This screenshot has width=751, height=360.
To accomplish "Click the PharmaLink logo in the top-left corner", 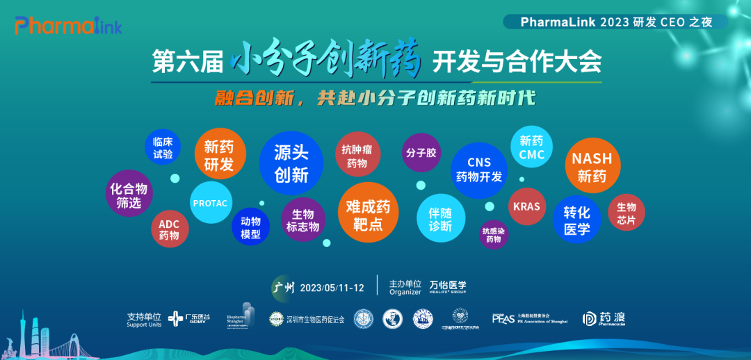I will tap(68, 26).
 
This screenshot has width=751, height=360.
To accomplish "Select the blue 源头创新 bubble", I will tap(291, 164).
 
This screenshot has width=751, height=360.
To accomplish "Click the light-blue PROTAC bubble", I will tap(211, 203).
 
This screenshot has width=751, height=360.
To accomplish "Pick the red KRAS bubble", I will tap(526, 206).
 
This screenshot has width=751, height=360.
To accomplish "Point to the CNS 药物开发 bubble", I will tap(478, 170).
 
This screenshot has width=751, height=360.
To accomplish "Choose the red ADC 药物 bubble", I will tap(169, 229).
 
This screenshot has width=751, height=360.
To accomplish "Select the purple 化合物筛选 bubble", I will tap(129, 195).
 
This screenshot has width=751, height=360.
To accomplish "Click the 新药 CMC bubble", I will tap(532, 147).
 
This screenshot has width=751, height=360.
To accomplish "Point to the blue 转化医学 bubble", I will tap(576, 220).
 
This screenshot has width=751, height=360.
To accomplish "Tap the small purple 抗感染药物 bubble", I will tap(494, 234).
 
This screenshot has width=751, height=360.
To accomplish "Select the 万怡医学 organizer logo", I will tap(448, 287).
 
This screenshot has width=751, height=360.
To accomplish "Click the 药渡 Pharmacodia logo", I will tap(604, 318).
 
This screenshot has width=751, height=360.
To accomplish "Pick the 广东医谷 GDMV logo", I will tap(189, 318).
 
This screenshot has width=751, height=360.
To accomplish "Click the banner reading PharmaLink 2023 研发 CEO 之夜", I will tap(616, 22).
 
